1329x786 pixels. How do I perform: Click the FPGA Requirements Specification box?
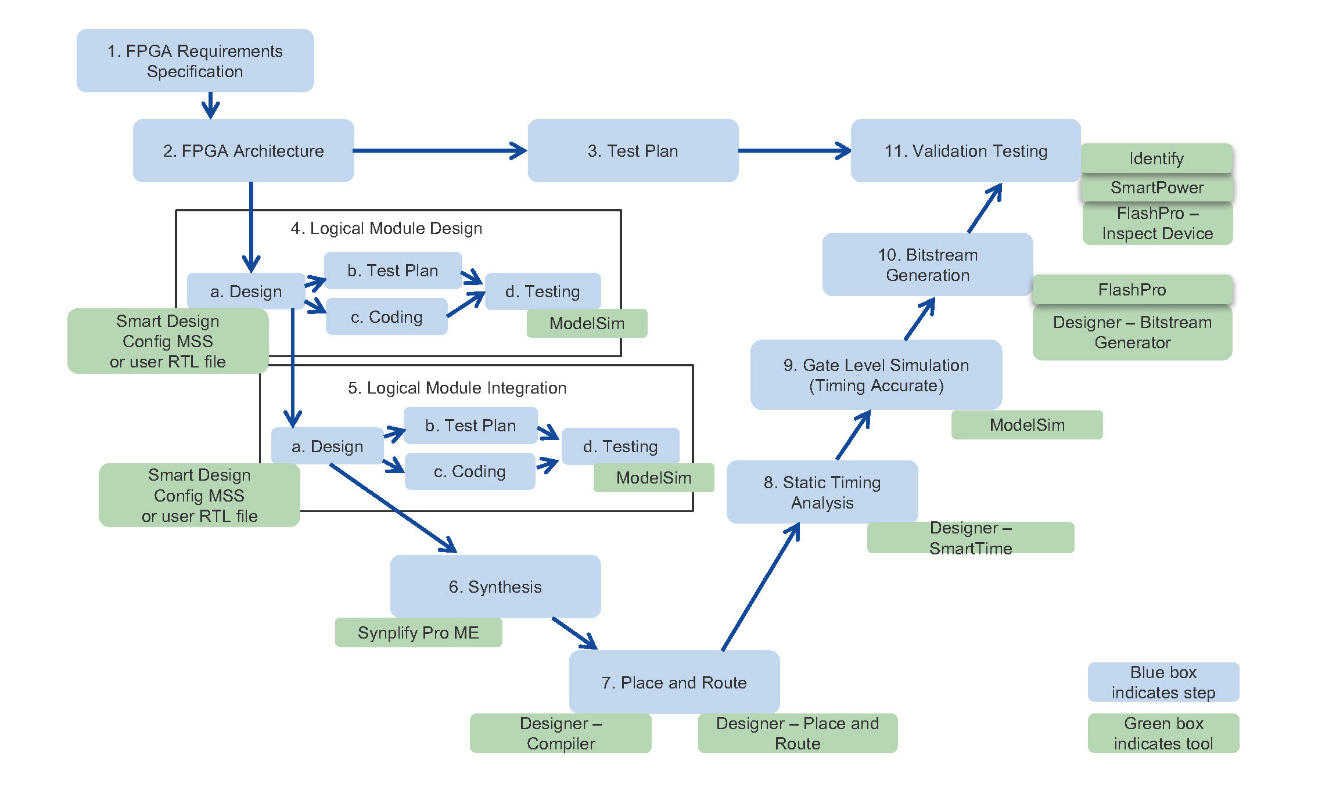195,61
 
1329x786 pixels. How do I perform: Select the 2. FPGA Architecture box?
243,151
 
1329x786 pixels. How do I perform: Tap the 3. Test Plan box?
633,151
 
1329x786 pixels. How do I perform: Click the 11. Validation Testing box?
965,151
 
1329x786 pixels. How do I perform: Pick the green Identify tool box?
1156,158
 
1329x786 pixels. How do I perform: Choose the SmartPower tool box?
1156,188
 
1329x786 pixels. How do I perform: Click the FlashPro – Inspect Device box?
1157,223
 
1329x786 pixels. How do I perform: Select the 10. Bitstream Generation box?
927,265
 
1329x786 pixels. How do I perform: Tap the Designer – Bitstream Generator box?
1132,333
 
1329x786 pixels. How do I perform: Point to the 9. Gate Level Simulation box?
876,375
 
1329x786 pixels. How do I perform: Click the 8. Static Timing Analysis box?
822,492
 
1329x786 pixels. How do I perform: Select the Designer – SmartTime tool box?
970,538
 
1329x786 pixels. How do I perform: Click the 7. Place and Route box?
674,682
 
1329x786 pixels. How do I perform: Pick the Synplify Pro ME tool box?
418,633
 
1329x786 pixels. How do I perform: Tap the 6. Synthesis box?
495,586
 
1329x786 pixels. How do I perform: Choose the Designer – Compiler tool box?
561,733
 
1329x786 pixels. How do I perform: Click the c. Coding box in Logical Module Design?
386,317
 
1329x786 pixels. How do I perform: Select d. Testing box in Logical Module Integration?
620,446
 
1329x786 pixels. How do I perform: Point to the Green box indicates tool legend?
1163,733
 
